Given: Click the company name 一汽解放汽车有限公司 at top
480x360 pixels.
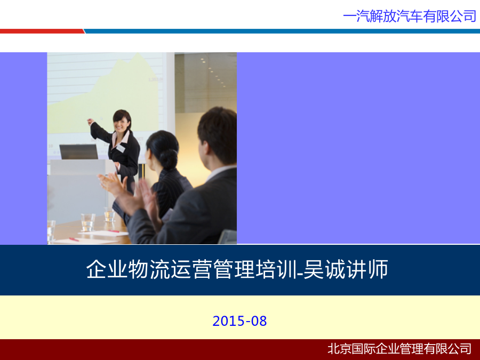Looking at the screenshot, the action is tap(410, 16).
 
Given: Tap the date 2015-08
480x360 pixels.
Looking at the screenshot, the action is tap(239, 321).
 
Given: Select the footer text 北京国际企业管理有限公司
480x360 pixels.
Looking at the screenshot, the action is tap(399, 349).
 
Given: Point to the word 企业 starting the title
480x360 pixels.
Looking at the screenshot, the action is tap(107, 269).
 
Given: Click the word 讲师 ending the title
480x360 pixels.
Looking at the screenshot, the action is tap(367, 269).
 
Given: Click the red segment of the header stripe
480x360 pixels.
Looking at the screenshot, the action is tap(42, 31).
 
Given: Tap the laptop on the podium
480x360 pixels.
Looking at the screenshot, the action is tap(79, 151).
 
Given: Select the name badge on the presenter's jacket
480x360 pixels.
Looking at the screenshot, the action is tap(121, 148).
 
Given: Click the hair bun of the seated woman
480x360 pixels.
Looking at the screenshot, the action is tap(168, 159).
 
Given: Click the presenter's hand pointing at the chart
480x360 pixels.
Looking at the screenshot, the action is tap(90, 122).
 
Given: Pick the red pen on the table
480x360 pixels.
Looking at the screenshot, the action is tap(74, 239).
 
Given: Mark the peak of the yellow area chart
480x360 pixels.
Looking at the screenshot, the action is tap(138, 53).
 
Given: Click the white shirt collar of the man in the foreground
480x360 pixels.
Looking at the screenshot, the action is tap(219, 172).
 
